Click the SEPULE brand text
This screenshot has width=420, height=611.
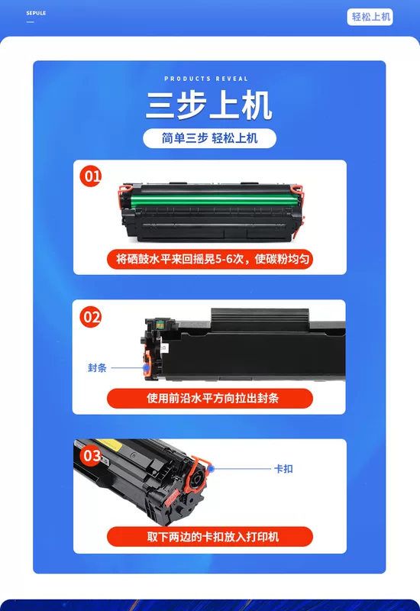point(36,13)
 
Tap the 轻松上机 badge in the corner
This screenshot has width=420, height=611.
point(370,17)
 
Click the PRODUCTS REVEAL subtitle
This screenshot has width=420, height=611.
point(206,79)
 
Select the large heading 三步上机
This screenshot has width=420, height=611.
point(209,105)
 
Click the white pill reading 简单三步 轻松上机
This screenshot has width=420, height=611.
point(209,138)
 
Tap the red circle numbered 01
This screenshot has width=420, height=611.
point(90,176)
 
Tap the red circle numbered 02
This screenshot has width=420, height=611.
point(90,317)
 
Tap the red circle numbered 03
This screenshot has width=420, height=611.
point(91,455)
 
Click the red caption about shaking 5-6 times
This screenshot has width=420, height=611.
point(209,259)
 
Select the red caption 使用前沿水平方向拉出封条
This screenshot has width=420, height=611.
point(209,398)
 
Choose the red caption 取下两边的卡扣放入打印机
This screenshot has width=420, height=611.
point(209,537)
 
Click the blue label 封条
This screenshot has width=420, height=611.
point(97,368)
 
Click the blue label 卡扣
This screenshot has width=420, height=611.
point(283,468)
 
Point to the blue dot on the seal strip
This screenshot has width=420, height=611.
point(146,367)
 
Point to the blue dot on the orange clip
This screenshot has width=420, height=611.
point(211,468)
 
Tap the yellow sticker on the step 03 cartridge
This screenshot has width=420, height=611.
point(106,443)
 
